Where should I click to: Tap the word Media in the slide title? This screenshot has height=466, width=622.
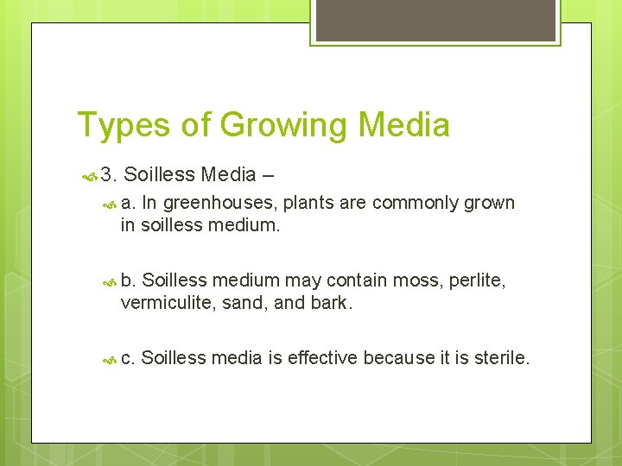click(x=403, y=126)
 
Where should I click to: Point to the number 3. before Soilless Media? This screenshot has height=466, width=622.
click(x=108, y=175)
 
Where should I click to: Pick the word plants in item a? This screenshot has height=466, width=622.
click(x=307, y=204)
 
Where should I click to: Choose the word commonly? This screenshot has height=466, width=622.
click(x=412, y=204)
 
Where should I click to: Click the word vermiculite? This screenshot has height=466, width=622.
click(x=163, y=303)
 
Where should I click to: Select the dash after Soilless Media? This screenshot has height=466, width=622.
click(x=268, y=175)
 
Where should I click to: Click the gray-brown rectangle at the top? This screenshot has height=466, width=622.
click(x=435, y=20)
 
